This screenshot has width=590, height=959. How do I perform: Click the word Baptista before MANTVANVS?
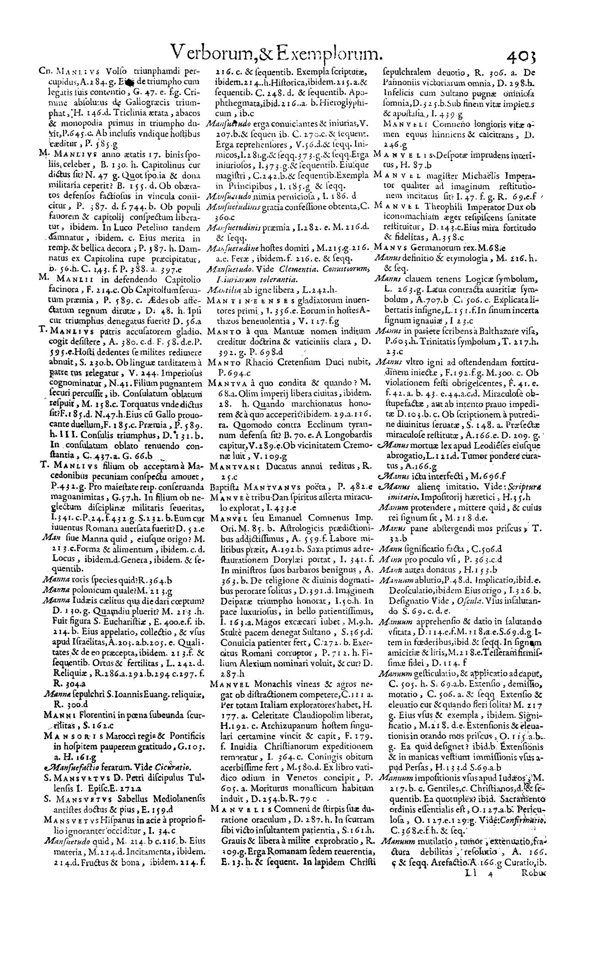click(223, 488)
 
